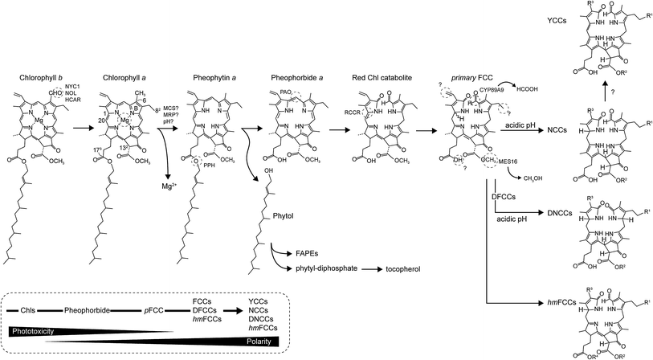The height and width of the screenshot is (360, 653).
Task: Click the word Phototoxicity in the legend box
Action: click(33, 329)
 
